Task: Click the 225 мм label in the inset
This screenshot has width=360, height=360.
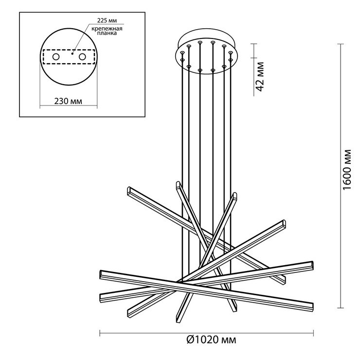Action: pos(107,20)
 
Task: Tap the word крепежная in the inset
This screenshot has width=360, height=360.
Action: pos(107,29)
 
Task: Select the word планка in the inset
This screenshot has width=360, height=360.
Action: pos(107,33)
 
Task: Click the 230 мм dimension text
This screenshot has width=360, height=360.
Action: pos(68,101)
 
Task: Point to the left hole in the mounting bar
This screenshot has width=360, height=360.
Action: pos(56,57)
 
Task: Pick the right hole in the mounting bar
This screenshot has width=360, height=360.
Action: pos(82,57)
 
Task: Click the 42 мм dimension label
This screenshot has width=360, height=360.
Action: pos(260,77)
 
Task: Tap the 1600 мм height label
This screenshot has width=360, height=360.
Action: pos(347,170)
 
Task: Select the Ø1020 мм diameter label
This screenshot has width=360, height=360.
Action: pos(211,340)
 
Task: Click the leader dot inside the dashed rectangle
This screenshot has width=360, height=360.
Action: pos(72,54)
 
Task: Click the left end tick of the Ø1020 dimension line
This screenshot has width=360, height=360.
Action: pos(100,333)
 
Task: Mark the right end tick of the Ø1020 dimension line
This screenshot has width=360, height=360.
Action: pos(313,333)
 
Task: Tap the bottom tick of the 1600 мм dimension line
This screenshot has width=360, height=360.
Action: pos(341,307)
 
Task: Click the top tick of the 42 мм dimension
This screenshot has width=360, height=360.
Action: pos(253,44)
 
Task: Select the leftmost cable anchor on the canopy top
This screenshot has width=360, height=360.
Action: pos(182,53)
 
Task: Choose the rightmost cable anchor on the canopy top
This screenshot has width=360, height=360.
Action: pos(231,53)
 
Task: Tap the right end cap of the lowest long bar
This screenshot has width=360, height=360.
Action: pos(312,307)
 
